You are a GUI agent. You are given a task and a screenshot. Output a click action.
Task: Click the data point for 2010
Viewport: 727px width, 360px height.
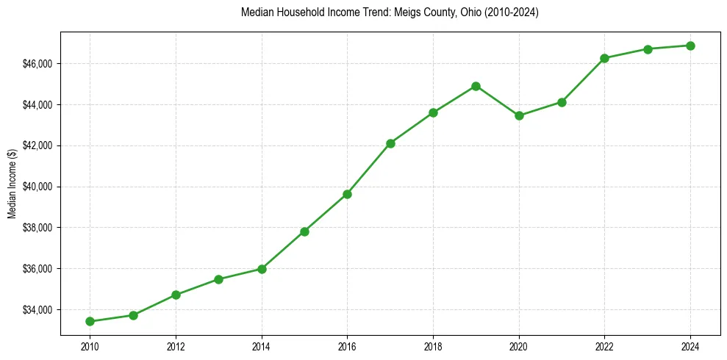coord(90,321)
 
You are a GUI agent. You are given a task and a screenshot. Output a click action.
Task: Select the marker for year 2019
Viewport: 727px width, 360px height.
coord(476,86)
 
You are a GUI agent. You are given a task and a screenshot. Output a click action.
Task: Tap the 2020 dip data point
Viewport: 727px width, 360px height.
coord(519,115)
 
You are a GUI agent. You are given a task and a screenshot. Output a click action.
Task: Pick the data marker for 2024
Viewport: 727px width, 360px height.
coord(690,46)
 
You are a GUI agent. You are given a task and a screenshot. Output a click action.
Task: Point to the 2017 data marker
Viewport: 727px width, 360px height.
coord(390,143)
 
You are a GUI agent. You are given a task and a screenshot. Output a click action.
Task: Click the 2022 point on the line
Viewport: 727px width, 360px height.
coord(604,58)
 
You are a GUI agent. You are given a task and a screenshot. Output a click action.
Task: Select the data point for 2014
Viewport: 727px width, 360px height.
coord(262,269)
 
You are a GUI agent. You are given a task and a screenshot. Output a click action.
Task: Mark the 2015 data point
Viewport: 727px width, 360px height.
coord(304,231)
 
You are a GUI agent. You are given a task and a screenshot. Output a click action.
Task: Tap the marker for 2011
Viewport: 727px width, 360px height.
coord(133,315)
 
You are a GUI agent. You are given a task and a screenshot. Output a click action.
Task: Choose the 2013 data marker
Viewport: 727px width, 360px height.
coord(218,279)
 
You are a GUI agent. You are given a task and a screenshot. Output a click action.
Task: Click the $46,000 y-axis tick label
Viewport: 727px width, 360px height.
coord(37,64)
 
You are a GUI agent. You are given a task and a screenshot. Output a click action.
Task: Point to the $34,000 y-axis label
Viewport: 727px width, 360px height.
coord(37,309)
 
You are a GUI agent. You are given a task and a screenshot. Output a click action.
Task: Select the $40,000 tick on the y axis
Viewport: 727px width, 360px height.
coord(37,187)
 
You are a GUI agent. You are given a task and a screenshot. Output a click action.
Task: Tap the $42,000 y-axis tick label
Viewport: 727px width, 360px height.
coord(37,145)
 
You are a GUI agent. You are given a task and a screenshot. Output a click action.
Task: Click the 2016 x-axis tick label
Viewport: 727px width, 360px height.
coord(347,346)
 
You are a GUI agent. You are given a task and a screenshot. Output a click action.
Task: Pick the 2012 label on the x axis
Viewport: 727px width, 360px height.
coord(176,346)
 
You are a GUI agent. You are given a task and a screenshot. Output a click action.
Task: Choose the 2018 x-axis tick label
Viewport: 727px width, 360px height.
coord(433,346)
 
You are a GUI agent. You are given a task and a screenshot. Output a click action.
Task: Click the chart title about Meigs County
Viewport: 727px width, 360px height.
coord(390,13)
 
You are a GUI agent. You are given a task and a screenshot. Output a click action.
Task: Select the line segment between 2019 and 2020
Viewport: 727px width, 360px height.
coord(498,101)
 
